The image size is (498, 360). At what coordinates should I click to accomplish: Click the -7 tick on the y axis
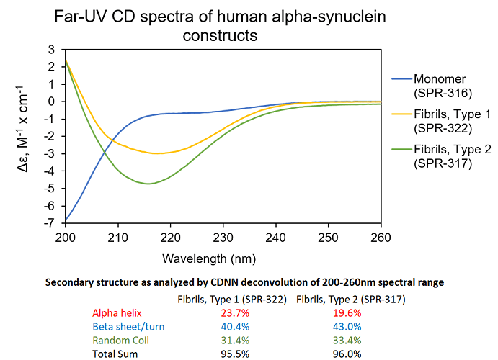click(51, 223)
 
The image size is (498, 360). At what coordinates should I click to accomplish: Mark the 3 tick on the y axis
click(53, 49)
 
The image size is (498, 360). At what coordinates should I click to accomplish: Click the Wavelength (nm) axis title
click(223, 257)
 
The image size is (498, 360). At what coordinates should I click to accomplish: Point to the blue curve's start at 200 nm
click(66, 219)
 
